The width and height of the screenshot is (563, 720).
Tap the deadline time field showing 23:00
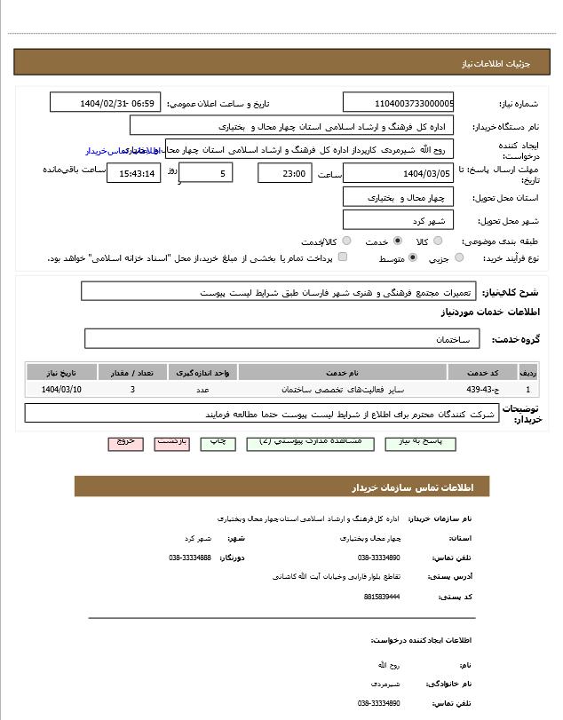pyautogui.click(x=284, y=173)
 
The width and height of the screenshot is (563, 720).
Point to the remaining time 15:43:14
pyautogui.click(x=133, y=173)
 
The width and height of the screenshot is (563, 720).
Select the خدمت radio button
pyautogui.click(x=397, y=241)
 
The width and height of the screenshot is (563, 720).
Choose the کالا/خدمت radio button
pyautogui.click(x=346, y=241)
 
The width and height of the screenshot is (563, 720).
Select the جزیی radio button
pyautogui.click(x=459, y=258)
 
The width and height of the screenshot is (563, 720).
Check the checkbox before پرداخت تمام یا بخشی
pyautogui.click(x=343, y=257)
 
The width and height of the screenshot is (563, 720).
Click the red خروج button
pyautogui.click(x=125, y=441)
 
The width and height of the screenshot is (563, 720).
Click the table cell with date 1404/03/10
pyautogui.click(x=61, y=390)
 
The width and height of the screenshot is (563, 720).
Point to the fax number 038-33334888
pyautogui.click(x=190, y=558)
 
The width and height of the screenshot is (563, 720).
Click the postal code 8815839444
pyautogui.click(x=382, y=597)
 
